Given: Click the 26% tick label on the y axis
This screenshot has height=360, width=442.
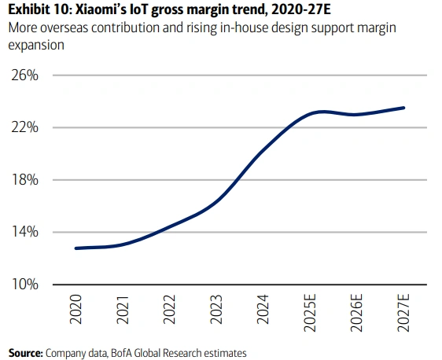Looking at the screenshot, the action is click(24, 75).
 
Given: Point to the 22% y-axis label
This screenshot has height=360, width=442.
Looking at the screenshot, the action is click(24, 127).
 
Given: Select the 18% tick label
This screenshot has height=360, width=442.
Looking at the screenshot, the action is click(24, 180).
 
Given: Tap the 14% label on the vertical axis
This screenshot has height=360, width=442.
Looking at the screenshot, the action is click(24, 232).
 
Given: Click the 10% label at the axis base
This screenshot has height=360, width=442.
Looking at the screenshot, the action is click(24, 285).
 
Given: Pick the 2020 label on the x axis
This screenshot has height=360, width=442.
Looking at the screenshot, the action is click(76, 310).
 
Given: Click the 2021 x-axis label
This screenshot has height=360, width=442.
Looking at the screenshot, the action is click(123, 310).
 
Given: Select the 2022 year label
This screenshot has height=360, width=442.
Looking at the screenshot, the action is click(169, 310).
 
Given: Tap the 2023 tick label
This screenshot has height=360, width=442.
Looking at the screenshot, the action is click(216, 310).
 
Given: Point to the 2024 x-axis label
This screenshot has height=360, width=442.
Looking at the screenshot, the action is click(263, 310).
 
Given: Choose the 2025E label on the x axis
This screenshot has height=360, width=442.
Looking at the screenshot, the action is click(310, 313).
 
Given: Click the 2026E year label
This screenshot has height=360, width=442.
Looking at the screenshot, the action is click(356, 313).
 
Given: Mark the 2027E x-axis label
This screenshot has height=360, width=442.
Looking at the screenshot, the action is click(403, 313).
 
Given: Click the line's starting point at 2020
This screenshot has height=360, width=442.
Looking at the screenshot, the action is click(76, 248).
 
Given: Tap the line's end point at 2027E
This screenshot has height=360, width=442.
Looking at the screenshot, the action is click(403, 108).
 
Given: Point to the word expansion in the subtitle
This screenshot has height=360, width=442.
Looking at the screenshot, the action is click(36, 46).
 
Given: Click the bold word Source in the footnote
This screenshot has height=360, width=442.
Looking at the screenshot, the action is click(25, 353).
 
